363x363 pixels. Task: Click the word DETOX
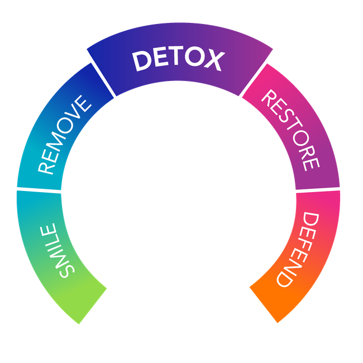[178, 60]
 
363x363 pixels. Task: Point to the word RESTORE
[290, 130]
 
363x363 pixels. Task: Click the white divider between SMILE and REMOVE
[39, 190]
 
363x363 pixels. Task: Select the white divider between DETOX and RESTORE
[257, 73]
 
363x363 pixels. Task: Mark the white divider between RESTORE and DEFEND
[317, 190]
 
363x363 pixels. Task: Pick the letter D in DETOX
[142, 61]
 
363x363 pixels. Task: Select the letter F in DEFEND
[305, 243]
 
